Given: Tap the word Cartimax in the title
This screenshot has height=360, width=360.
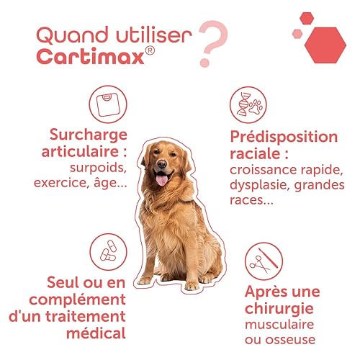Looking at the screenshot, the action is tap(91, 57).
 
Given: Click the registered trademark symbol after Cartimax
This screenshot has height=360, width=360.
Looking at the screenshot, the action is tap(150, 50).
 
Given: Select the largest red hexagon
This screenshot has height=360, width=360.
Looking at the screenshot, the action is tap(325, 45).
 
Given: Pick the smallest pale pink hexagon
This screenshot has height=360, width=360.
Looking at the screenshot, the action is tap(297, 34).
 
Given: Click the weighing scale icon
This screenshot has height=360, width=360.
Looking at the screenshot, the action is tap(108, 104).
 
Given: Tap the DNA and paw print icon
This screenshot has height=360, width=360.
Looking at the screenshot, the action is tap(248, 105).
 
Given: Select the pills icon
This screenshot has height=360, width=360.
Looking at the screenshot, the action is tap(108, 252).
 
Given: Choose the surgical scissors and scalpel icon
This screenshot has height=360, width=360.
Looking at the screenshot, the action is tap(264, 261).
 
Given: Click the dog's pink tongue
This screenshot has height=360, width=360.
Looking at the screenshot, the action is tap(162, 180).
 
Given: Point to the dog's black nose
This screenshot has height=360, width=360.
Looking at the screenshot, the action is tap(162, 163).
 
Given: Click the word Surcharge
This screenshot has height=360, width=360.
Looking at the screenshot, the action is tap(88, 135).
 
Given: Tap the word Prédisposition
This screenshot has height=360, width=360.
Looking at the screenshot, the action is tap(284, 137).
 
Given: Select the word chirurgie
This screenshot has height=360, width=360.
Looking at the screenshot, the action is tap(279, 308).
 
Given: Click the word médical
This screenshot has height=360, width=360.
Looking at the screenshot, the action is tap(96, 333).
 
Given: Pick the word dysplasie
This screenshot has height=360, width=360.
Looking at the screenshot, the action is tap(260, 186).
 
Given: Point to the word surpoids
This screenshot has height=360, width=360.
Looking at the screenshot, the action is tap(98, 168).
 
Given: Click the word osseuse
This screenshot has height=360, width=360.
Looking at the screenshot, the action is tap(291, 340).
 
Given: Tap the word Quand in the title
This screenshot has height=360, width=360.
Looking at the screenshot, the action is tap(72, 35).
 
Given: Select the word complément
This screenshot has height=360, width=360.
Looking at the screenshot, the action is tap(78, 300).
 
